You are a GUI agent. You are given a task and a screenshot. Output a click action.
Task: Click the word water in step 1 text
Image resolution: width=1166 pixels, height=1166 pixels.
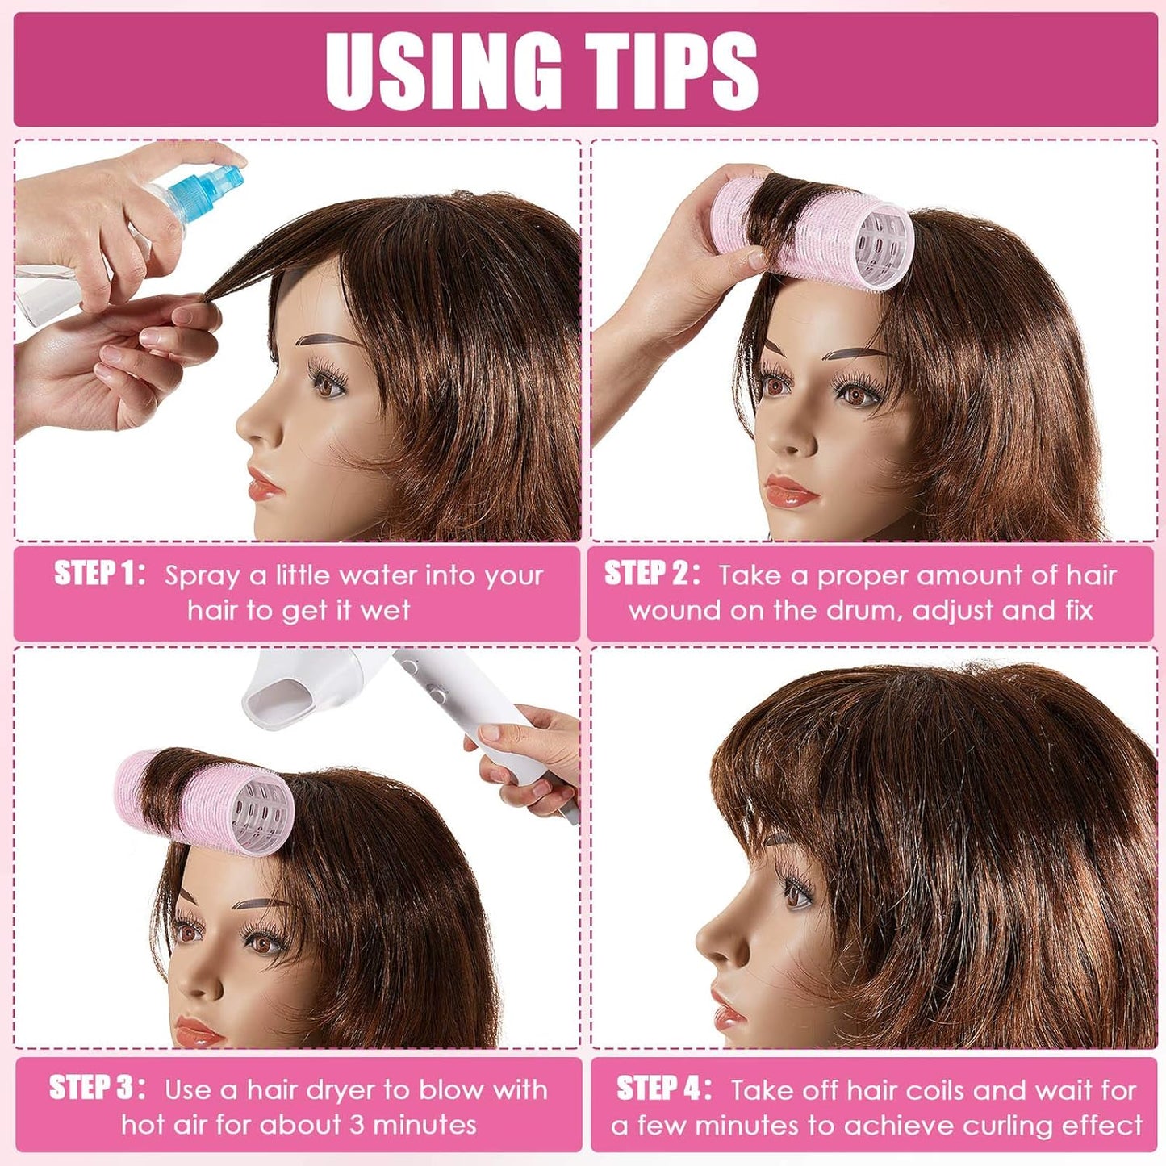[x=378, y=576]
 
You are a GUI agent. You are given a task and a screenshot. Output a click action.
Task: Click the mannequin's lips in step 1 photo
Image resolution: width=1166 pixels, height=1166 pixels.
[x=264, y=485]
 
